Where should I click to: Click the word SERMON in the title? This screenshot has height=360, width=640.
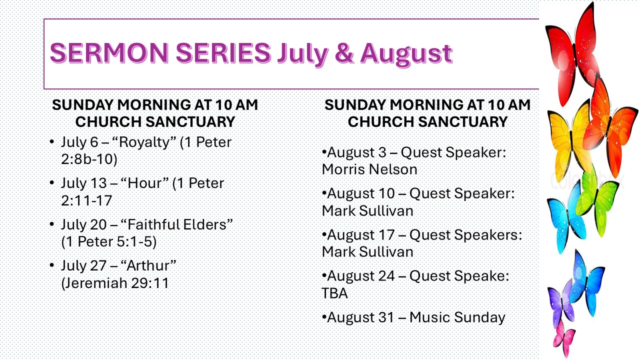(109, 52)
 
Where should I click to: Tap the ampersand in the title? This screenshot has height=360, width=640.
(344, 53)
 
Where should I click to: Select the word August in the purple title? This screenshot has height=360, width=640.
(406, 55)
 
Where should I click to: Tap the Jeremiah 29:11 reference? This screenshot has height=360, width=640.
(115, 283)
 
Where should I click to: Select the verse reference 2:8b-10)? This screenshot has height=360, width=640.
(89, 159)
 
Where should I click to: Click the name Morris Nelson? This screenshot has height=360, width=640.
(369, 169)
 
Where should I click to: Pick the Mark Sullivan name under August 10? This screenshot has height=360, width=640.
(367, 211)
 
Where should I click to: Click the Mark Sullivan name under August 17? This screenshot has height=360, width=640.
(367, 252)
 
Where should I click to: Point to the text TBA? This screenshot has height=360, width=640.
(334, 293)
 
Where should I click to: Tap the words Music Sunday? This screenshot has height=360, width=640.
(457, 317)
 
